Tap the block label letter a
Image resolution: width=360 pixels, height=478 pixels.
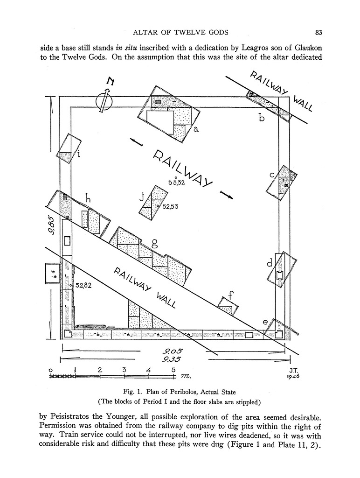point(196,129)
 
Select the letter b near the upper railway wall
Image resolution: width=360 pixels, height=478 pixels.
point(262,118)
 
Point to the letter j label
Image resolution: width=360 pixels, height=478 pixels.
point(141,197)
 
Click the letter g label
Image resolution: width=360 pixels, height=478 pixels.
point(154,243)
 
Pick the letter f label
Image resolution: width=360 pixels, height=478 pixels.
point(230,295)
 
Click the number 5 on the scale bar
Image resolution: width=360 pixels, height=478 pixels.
point(173,370)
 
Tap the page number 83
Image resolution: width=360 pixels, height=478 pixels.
point(319,32)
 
